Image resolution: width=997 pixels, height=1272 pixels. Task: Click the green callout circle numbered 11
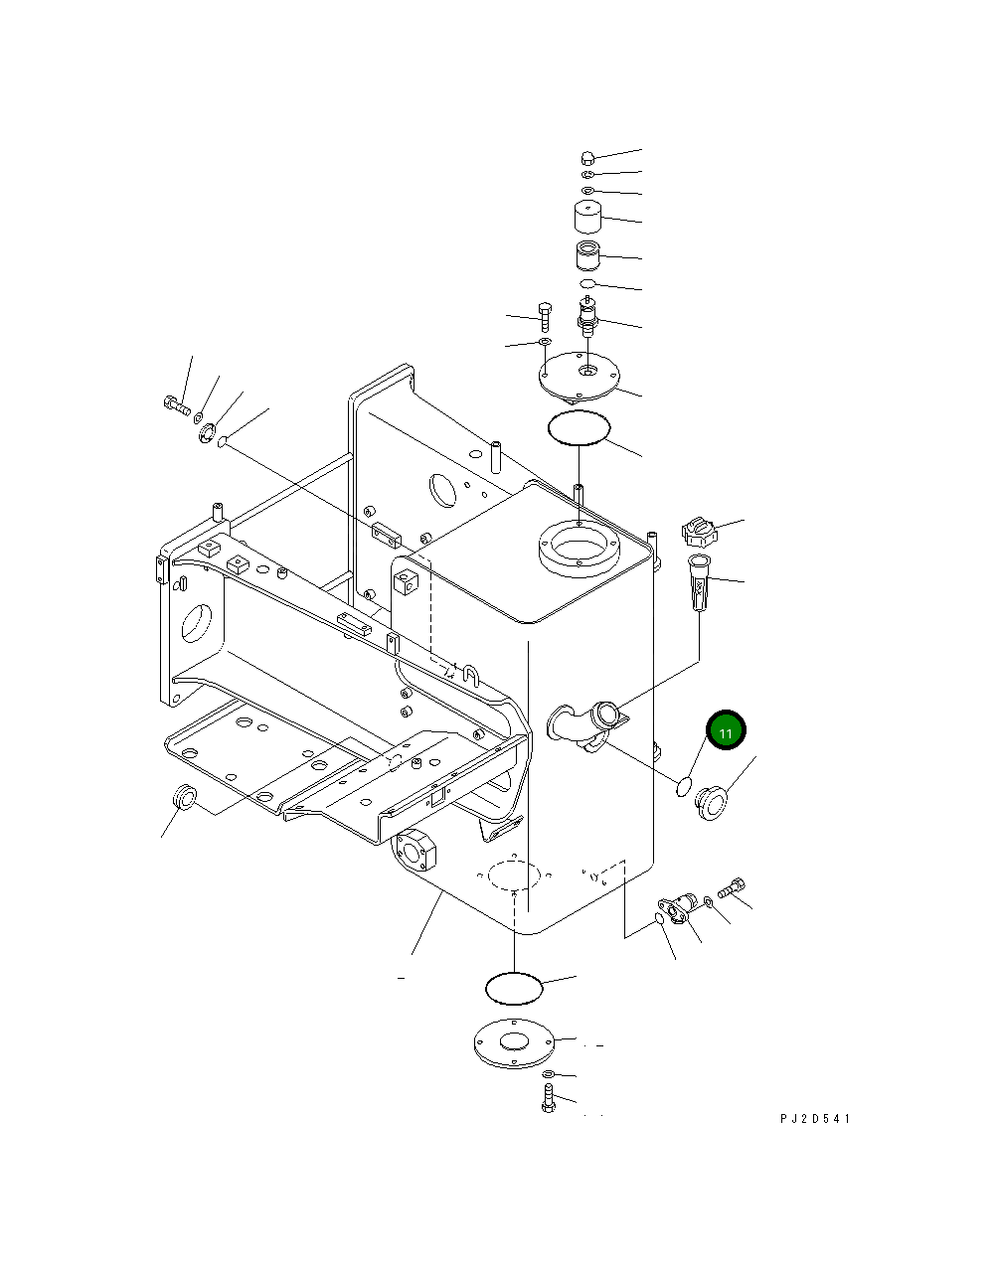(726, 732)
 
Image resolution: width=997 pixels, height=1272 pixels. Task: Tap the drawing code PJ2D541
(815, 1119)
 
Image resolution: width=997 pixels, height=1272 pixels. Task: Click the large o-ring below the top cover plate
(579, 428)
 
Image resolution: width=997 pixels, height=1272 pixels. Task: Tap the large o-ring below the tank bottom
(514, 987)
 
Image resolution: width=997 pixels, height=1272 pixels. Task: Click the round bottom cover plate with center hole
(513, 1043)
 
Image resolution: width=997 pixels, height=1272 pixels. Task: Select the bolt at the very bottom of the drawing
(548, 1099)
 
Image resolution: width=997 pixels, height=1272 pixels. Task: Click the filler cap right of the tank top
(700, 532)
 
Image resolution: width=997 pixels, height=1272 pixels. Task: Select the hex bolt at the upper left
(174, 403)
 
